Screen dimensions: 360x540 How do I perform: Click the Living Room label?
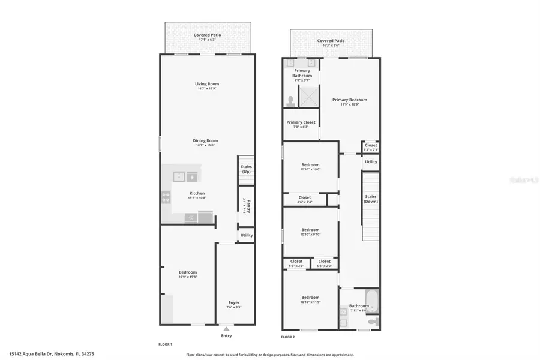click(x=206, y=84)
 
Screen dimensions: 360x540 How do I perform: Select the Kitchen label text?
click(x=197, y=194)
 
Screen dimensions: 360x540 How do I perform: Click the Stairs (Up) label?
click(x=246, y=169)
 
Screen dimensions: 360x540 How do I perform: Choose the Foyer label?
click(x=234, y=302)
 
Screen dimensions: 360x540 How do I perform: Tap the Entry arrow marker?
click(x=226, y=329)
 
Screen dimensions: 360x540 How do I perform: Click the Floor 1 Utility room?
click(x=247, y=235)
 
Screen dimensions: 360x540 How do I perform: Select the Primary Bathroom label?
click(x=302, y=73)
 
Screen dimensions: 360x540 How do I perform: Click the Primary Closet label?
click(x=301, y=122)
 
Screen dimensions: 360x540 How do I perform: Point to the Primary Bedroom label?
click(x=350, y=100)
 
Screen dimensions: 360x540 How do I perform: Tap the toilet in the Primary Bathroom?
click(x=291, y=101)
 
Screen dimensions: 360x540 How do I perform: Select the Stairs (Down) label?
click(x=371, y=199)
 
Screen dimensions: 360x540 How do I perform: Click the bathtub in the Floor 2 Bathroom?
click(x=373, y=300)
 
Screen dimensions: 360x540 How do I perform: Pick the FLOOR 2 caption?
click(x=289, y=345)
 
